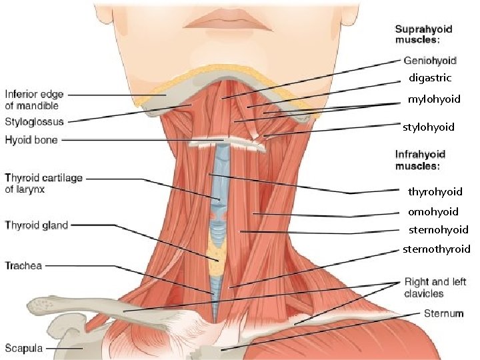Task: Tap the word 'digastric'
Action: [430, 78]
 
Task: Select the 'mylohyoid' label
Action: [434, 99]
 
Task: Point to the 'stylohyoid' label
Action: [429, 127]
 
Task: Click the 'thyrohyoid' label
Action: [435, 192]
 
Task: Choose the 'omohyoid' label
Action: [433, 212]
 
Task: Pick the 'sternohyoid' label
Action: [438, 230]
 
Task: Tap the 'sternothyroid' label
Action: [436, 249]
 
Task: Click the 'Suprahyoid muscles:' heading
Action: [423, 35]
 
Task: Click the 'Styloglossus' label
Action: [35, 122]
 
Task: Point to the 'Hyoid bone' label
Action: [31, 140]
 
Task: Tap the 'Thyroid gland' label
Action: [37, 225]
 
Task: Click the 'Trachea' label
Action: [23, 266]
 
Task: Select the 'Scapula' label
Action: [25, 348]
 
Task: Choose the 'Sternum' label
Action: [443, 313]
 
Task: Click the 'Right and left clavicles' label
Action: [435, 287]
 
